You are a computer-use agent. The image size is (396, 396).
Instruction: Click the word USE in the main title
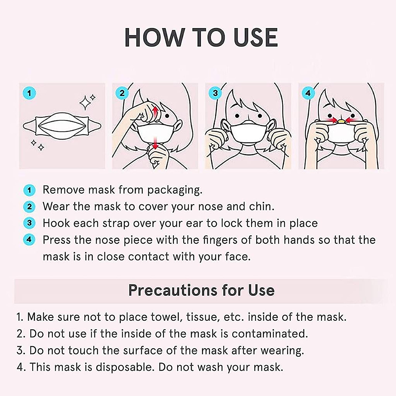tap(255, 37)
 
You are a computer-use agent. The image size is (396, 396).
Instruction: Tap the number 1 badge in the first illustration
tap(29, 93)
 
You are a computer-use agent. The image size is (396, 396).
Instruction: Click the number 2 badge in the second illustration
tap(122, 93)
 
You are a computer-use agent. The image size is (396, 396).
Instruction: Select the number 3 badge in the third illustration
tap(215, 93)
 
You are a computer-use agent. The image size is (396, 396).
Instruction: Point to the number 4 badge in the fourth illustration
tap(308, 93)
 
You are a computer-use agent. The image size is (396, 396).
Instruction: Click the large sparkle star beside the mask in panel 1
tap(86, 102)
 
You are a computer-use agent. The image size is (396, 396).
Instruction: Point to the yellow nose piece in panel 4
tap(342, 121)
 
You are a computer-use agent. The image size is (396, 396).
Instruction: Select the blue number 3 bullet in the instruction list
tap(29, 223)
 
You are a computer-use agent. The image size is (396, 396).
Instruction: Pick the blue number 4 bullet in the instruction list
tap(29, 240)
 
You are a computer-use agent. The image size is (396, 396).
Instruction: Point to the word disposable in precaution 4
tap(124, 367)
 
